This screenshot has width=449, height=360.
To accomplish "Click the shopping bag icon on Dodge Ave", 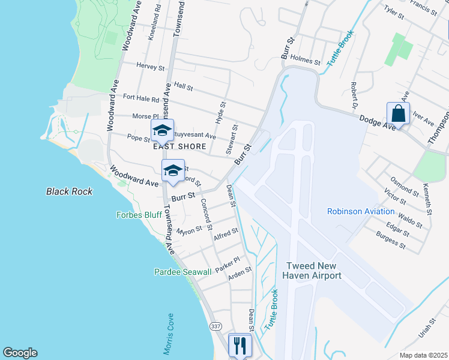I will [x=398, y=113].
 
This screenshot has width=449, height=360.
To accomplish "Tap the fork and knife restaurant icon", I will [x=240, y=345].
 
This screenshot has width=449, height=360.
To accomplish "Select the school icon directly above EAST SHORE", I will [x=162, y=130].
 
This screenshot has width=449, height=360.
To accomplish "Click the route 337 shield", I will [x=216, y=326].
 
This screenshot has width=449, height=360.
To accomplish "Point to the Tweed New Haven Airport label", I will [x=314, y=271].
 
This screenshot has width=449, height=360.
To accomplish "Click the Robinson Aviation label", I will [x=361, y=211].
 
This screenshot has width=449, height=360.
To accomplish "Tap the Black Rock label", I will [x=70, y=191].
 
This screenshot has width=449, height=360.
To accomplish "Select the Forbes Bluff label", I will [x=137, y=215].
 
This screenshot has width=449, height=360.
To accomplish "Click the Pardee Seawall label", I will [x=182, y=272].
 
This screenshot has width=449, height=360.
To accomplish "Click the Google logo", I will [x=20, y=353].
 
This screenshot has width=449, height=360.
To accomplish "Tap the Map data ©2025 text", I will [x=423, y=355].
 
